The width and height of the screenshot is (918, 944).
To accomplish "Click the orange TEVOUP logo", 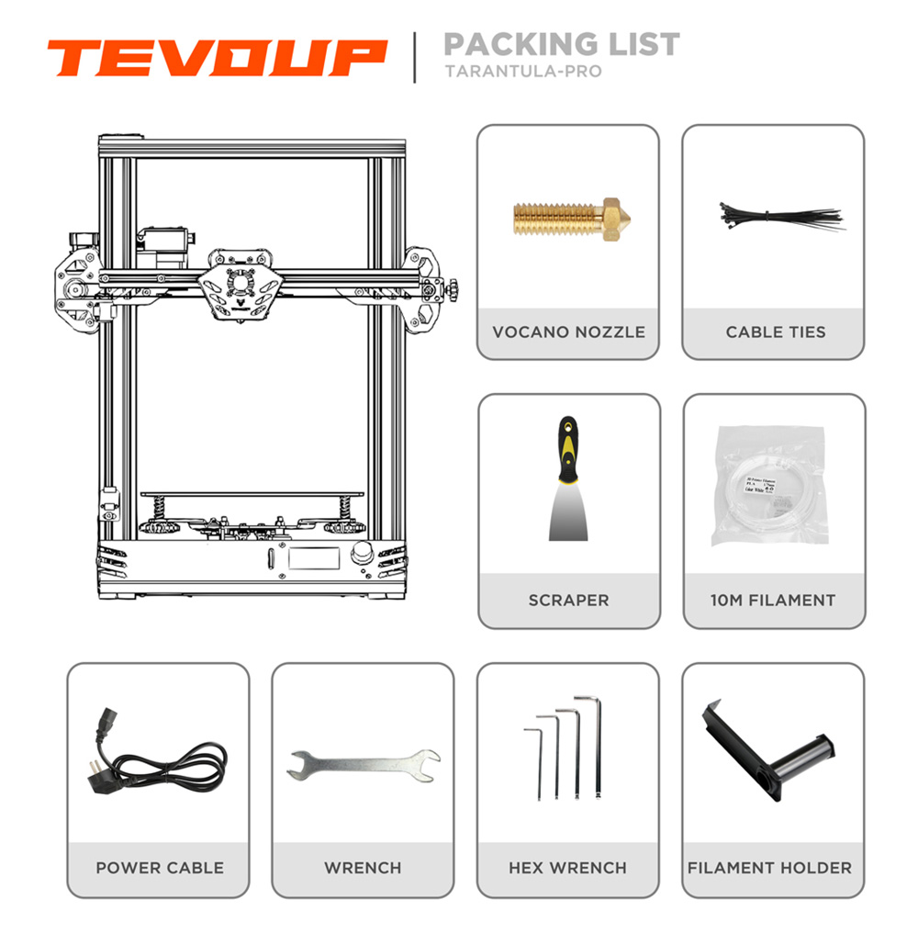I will click(x=217, y=58).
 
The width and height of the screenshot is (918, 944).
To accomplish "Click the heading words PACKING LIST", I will click(x=561, y=43).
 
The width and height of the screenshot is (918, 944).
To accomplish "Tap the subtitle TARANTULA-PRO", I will click(x=522, y=71).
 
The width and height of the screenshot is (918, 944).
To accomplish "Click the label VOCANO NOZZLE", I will click(x=568, y=332).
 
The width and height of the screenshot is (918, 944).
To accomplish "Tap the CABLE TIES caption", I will click(x=775, y=332).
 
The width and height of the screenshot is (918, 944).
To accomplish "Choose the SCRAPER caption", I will click(x=568, y=601).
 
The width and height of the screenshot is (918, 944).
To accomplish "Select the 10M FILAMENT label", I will click(x=773, y=601).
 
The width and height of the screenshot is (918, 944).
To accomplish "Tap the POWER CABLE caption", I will click(x=160, y=868).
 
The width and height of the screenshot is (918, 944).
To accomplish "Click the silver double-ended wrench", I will click(x=363, y=763).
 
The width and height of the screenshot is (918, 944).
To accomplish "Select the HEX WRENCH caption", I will click(x=567, y=868).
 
